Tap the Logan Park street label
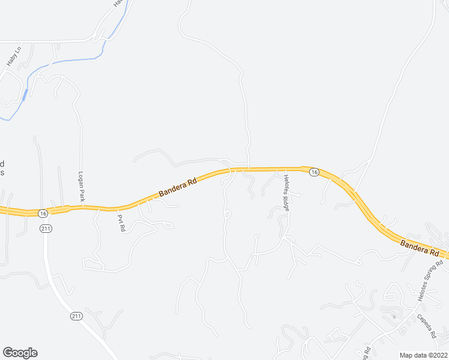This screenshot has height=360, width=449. [80, 187]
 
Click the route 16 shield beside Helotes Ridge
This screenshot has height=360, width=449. [313, 172]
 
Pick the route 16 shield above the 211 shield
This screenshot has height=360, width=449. [41, 213]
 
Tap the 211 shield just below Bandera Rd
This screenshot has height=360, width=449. [46, 229]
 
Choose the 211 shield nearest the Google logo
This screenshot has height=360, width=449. [76, 316]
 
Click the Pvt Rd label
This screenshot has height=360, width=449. [121, 224]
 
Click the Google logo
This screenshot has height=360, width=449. [20, 353]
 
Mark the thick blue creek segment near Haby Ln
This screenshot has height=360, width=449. [25, 94]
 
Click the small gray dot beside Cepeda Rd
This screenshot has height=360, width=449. [394, 316]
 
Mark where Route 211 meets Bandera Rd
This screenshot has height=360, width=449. [43, 211]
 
